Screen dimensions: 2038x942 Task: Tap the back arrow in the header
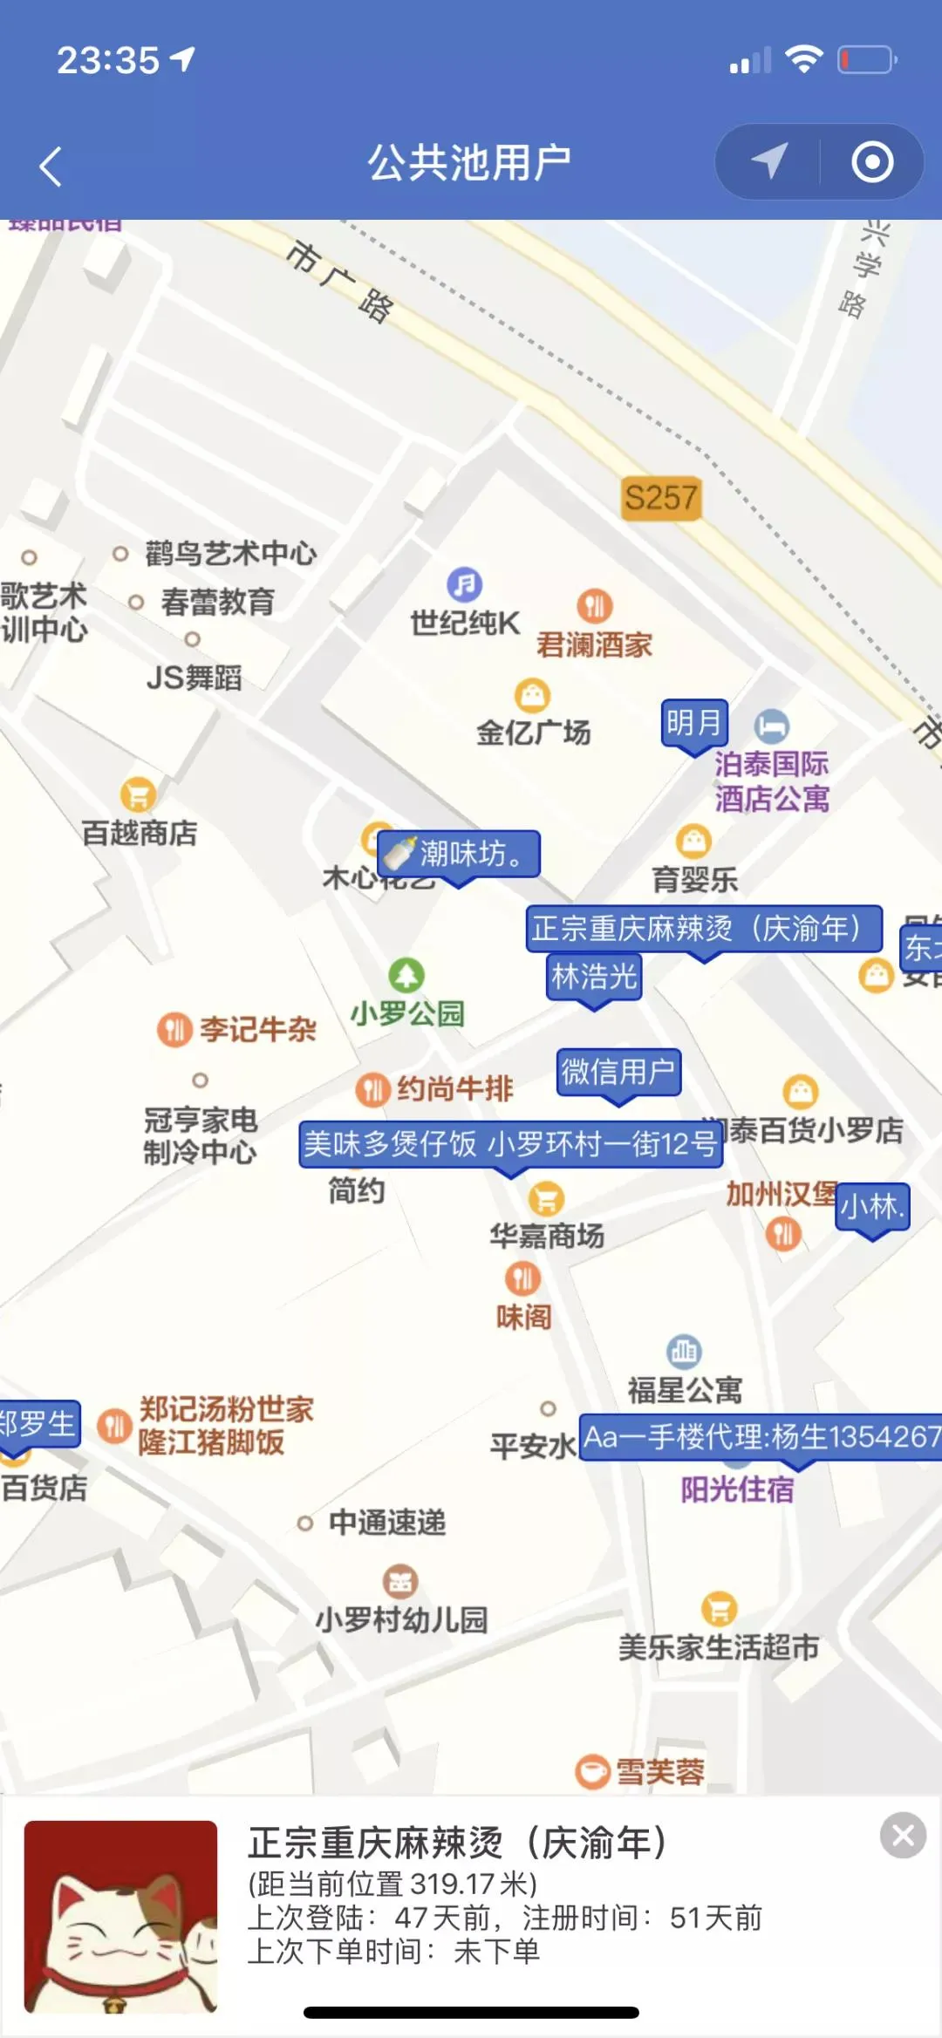[51, 166]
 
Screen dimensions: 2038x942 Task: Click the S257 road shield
[661, 498]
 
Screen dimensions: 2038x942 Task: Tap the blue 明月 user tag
[694, 723]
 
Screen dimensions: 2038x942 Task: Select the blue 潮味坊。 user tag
[460, 854]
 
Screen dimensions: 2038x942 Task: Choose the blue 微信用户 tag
[618, 1072]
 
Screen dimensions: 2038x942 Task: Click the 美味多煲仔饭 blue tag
[511, 1144]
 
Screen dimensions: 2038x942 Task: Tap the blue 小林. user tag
[871, 1207]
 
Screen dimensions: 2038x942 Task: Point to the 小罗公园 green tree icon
[406, 975]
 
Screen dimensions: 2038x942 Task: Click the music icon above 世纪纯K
[465, 584]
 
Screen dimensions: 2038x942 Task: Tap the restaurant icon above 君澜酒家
[595, 605]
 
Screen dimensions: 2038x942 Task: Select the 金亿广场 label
[533, 733]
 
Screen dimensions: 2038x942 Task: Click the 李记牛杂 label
[258, 1030]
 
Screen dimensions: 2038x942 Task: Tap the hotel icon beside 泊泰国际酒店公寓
[772, 726]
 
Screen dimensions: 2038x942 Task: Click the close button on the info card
[903, 1836]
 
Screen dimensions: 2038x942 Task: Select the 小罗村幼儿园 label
[401, 1619]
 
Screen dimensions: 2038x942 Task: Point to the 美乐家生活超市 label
[719, 1647]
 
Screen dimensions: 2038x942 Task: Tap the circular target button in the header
[872, 162]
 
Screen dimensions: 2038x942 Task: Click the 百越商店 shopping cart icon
[138, 794]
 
